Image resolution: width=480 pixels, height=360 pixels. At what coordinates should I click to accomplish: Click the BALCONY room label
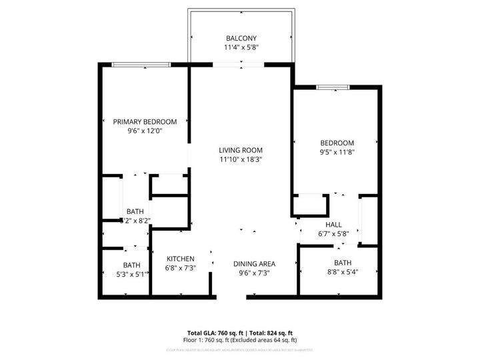(x=241, y=39)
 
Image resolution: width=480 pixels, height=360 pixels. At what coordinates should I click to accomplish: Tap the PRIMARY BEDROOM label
(x=145, y=122)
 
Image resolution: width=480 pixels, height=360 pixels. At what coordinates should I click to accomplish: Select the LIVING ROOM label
(x=241, y=150)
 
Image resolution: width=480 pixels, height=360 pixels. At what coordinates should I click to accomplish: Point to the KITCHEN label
(x=180, y=259)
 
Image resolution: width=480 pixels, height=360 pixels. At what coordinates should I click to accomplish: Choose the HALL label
(x=334, y=225)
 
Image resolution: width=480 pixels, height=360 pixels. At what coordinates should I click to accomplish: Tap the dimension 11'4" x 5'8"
(x=241, y=48)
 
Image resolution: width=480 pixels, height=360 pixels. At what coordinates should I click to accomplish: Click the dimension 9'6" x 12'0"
(x=145, y=131)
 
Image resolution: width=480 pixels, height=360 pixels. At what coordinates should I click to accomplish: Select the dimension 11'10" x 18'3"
(x=241, y=159)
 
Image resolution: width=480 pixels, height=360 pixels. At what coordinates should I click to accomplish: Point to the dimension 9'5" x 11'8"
(x=337, y=152)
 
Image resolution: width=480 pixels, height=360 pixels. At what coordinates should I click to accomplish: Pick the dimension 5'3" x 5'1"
(x=131, y=274)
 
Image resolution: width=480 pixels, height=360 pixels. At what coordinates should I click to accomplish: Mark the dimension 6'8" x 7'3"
(x=180, y=268)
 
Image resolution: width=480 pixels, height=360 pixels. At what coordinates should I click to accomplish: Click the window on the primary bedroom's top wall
(x=141, y=64)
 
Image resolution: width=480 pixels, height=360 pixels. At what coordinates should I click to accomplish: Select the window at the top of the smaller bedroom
(x=332, y=86)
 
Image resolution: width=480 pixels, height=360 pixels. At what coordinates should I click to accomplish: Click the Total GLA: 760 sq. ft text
(x=215, y=332)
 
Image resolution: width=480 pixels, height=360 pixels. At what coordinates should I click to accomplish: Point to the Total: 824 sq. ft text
(x=271, y=332)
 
